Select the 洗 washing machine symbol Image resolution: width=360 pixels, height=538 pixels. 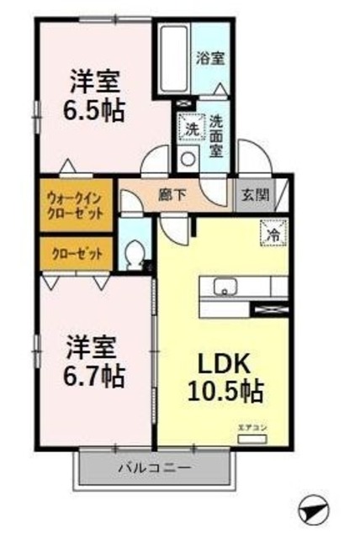[191, 129]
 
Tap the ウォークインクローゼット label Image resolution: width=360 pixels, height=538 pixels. [76, 207]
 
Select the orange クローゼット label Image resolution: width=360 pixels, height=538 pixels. [76, 253]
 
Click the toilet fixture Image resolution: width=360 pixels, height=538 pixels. [135, 255]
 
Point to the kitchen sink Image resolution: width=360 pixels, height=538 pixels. [226, 288]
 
